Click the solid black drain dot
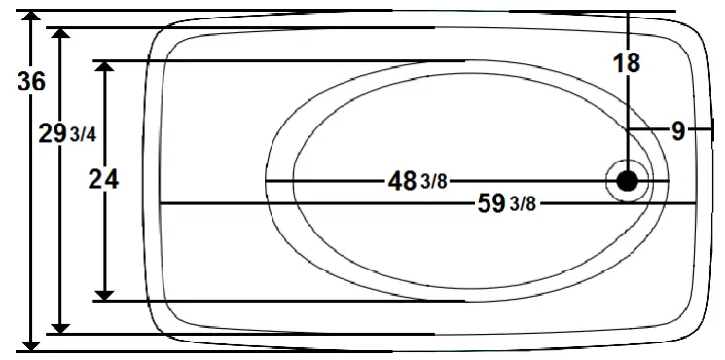click(x=628, y=180)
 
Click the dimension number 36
click(x=31, y=83)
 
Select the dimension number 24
click(x=104, y=180)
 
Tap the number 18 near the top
click(x=628, y=64)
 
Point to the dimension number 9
click(x=678, y=129)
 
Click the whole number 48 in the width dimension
click(x=403, y=181)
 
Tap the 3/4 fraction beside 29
click(x=84, y=135)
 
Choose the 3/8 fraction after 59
click(x=523, y=204)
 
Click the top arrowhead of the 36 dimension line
click(x=31, y=18)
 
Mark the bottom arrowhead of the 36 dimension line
click(x=31, y=342)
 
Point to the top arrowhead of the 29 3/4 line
click(x=63, y=36)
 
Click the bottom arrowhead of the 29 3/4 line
click(x=63, y=326)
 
